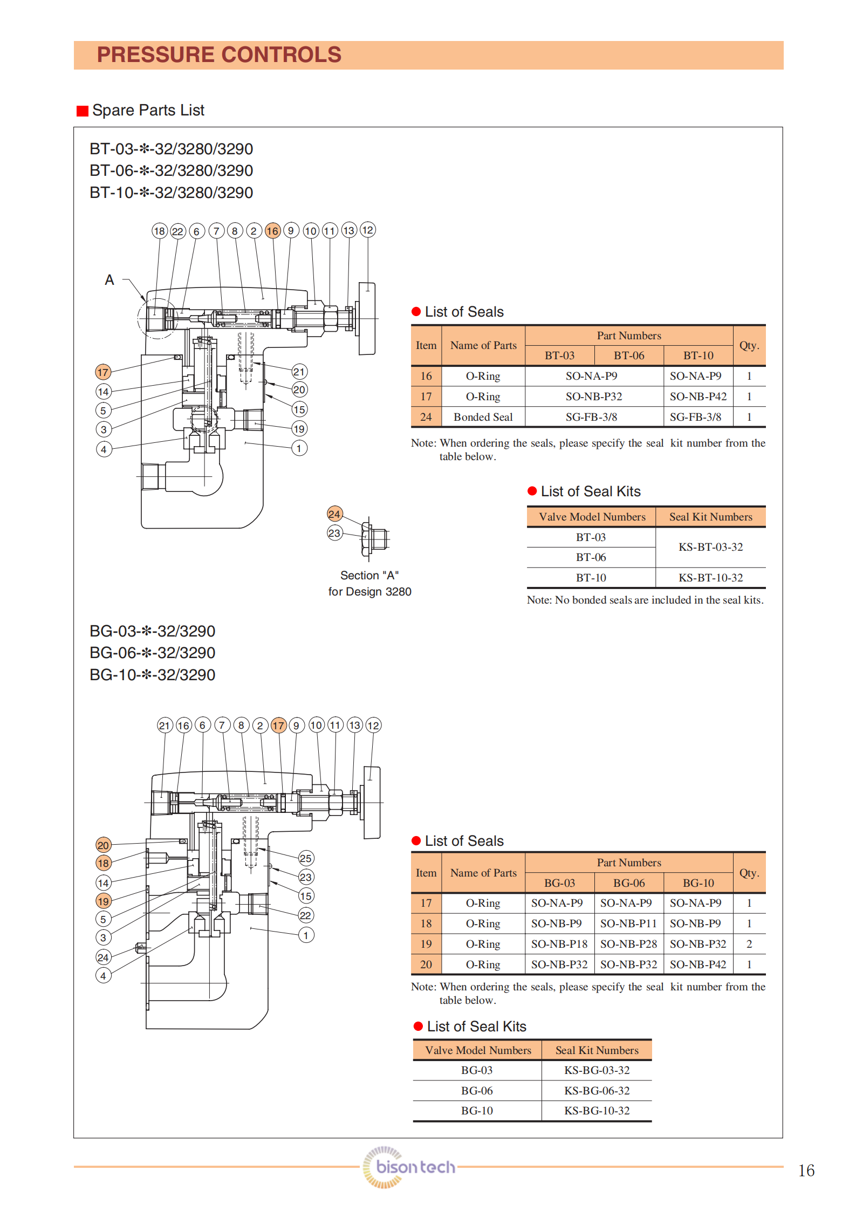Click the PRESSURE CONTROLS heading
[x=219, y=55]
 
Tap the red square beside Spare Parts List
[x=82, y=111]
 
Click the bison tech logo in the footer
[x=409, y=1167]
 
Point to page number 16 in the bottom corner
[x=806, y=1171]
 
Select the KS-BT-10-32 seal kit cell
[x=710, y=578]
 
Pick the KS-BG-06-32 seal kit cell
[x=597, y=1090]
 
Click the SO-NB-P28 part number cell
[x=628, y=944]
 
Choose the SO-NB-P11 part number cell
[x=628, y=923]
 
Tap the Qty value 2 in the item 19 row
[x=749, y=944]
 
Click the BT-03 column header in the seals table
[x=559, y=355]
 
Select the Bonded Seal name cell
[x=483, y=417]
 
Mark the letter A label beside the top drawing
[x=109, y=280]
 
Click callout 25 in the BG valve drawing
[x=306, y=858]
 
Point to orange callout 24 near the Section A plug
[x=334, y=514]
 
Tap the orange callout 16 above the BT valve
[x=272, y=231]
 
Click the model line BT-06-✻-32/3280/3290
[x=171, y=170]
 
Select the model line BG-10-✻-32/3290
[x=152, y=675]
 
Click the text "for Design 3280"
[x=369, y=592]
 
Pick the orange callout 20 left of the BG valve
[x=103, y=845]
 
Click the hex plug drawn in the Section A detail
[x=376, y=538]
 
